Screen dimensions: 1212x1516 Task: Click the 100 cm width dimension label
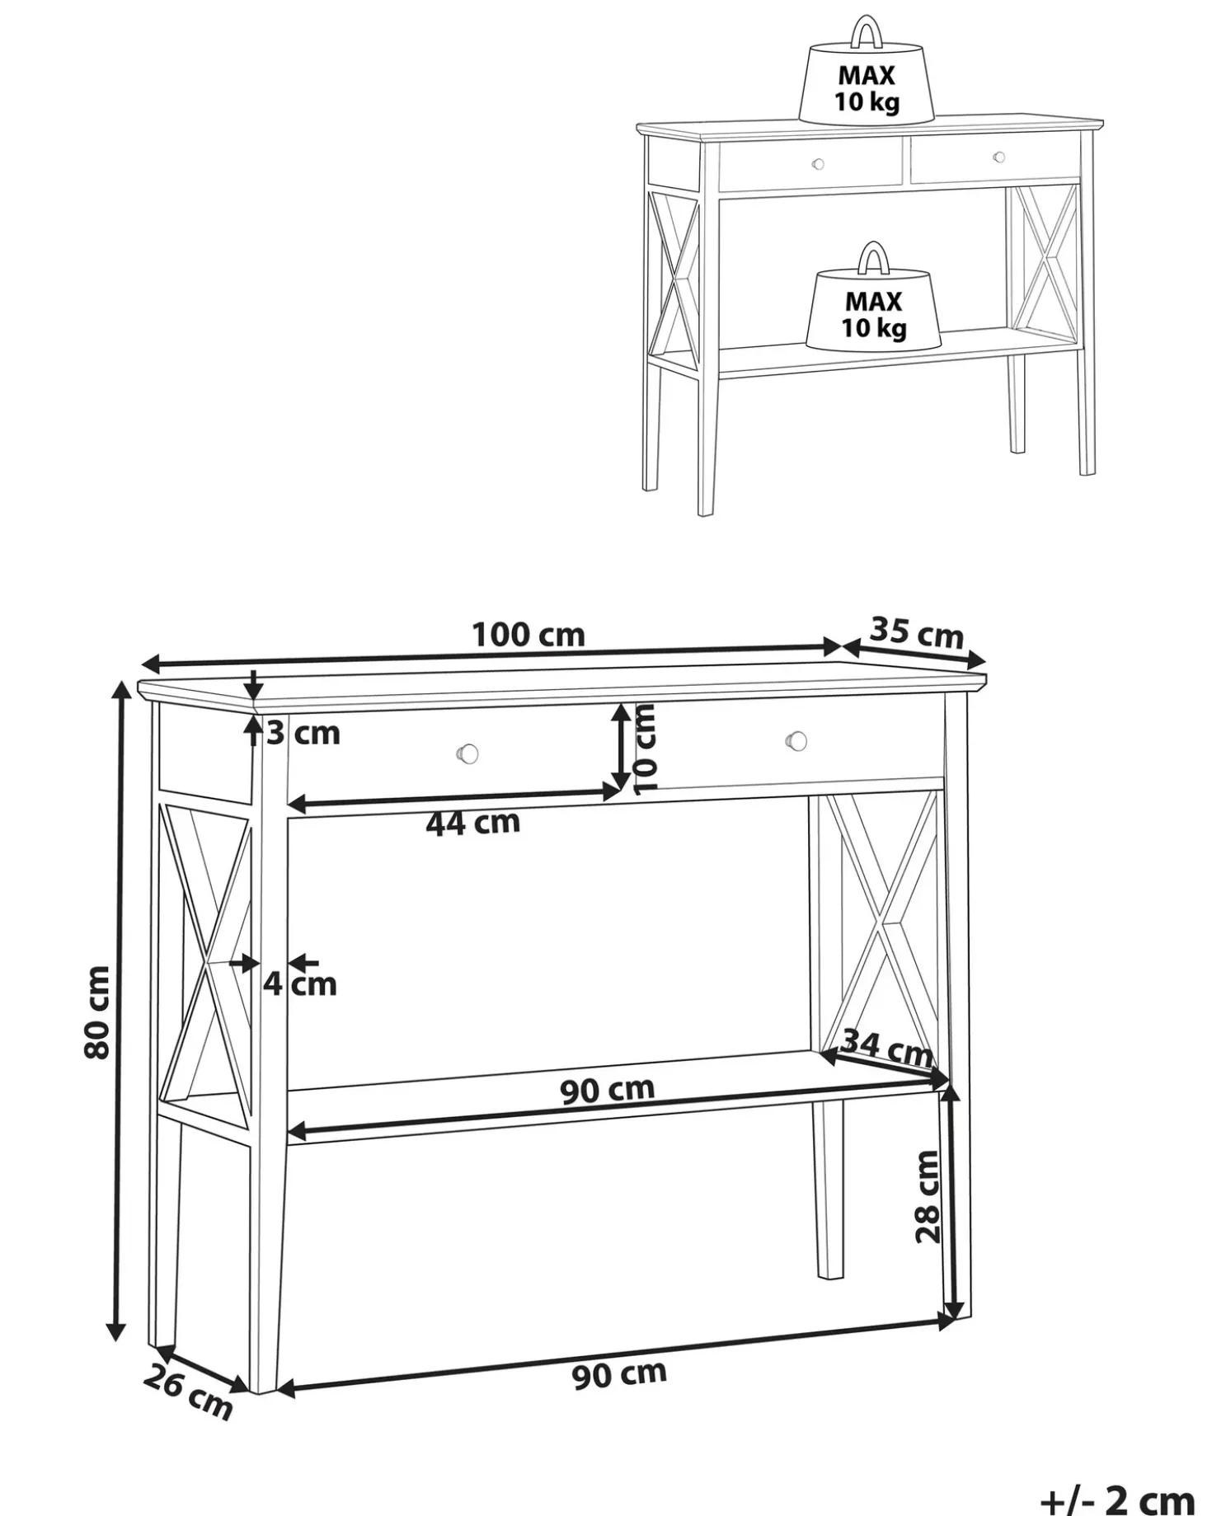(x=528, y=635)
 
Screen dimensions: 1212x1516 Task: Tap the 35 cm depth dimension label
(x=917, y=632)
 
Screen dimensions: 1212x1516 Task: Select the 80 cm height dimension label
(x=97, y=1011)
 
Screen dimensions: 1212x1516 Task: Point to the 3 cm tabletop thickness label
(x=303, y=732)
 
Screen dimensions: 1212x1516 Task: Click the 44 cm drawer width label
(x=473, y=822)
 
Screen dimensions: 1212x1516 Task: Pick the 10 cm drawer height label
(x=647, y=747)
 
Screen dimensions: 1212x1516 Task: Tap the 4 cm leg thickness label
(x=300, y=983)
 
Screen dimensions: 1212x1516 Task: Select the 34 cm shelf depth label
(x=887, y=1049)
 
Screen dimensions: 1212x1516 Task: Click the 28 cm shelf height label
(x=928, y=1196)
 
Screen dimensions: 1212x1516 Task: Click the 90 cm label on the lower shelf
(x=608, y=1090)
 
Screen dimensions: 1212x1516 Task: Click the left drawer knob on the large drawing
(x=467, y=752)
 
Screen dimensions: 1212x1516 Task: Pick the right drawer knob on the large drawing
(x=796, y=740)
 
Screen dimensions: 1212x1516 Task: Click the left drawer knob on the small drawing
(x=818, y=164)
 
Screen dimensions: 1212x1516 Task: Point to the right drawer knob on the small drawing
(x=999, y=157)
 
